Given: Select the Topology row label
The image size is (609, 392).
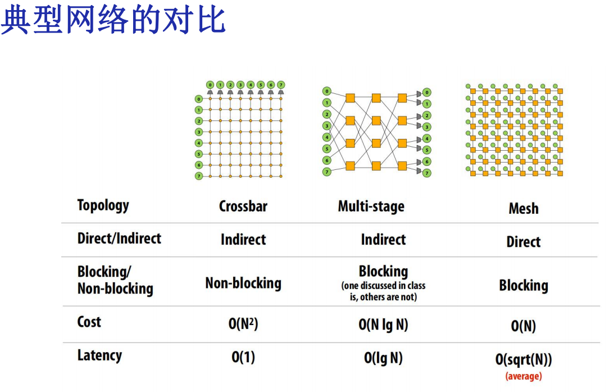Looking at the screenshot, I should click(x=103, y=205).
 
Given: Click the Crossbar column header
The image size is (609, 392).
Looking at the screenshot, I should click(x=243, y=206).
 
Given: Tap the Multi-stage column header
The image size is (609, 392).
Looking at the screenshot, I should click(x=371, y=206).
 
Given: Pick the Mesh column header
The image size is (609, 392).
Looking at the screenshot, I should click(x=523, y=209).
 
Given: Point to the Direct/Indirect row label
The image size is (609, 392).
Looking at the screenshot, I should click(x=119, y=238).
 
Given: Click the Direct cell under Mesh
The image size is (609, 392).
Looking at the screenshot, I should click(x=523, y=242).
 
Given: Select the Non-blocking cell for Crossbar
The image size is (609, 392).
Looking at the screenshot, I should click(x=243, y=283).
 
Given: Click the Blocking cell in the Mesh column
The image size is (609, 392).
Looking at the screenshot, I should click(x=523, y=286).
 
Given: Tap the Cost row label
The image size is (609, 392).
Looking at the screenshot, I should click(x=89, y=322).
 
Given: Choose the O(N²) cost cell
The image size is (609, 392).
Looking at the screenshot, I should click(x=243, y=324).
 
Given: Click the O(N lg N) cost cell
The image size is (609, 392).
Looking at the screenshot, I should click(x=383, y=325).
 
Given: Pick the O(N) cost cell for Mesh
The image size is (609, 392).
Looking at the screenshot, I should click(x=523, y=326).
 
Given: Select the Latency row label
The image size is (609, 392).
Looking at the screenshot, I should click(x=99, y=355).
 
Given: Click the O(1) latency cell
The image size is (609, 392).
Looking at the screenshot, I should click(x=243, y=357).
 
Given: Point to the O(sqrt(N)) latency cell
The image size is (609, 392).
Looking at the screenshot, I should click(x=523, y=360).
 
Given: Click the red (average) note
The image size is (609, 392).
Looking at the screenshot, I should click(x=523, y=376).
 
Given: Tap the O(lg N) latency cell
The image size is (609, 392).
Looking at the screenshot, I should click(x=383, y=358).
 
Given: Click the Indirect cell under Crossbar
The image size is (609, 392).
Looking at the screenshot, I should click(x=243, y=240).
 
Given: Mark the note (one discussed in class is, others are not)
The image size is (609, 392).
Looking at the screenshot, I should click(x=383, y=291).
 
